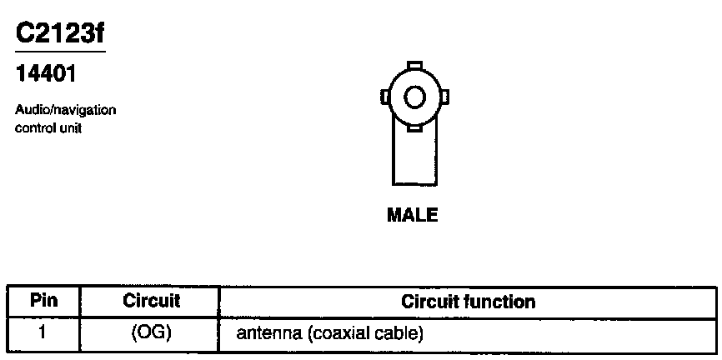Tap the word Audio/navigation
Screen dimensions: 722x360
(66, 110)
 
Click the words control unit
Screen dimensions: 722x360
(48, 128)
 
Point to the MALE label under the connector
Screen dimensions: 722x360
(413, 216)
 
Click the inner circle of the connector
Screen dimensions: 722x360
(414, 98)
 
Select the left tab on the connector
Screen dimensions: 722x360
(384, 98)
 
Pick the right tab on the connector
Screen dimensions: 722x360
(445, 98)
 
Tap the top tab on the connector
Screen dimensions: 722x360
(414, 65)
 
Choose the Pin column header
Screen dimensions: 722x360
(43, 301)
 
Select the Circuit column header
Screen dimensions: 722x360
(151, 301)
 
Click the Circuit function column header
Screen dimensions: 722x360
(468, 301)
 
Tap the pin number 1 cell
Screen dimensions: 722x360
(43, 334)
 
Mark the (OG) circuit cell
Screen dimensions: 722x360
(151, 334)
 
